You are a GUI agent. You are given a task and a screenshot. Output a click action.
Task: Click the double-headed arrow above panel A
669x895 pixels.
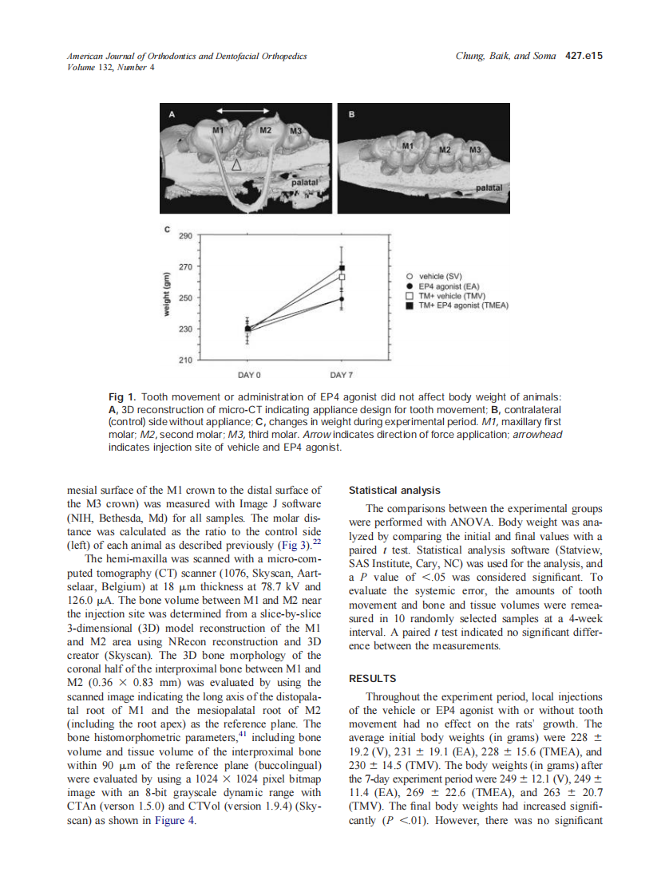[x=247, y=110]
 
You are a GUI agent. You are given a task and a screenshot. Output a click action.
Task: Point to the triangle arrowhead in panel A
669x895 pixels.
[x=236, y=165]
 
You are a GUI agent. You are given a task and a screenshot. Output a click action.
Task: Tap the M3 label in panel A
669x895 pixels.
[x=295, y=131]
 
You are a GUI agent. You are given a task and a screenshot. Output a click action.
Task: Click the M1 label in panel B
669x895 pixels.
[x=408, y=146]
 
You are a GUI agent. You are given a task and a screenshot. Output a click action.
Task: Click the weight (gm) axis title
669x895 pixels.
[x=168, y=297]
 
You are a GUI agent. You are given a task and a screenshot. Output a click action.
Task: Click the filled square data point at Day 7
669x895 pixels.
[x=342, y=268]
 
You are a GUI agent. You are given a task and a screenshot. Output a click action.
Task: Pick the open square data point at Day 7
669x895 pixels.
[x=342, y=277]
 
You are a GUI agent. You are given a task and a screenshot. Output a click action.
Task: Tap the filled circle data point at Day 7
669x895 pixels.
[x=342, y=299]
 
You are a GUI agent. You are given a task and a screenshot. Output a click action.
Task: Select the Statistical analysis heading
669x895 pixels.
[x=394, y=491]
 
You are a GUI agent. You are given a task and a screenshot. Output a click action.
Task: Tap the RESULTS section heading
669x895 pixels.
[x=373, y=679]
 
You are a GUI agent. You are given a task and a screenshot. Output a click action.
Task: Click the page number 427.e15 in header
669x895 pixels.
[x=583, y=57]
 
